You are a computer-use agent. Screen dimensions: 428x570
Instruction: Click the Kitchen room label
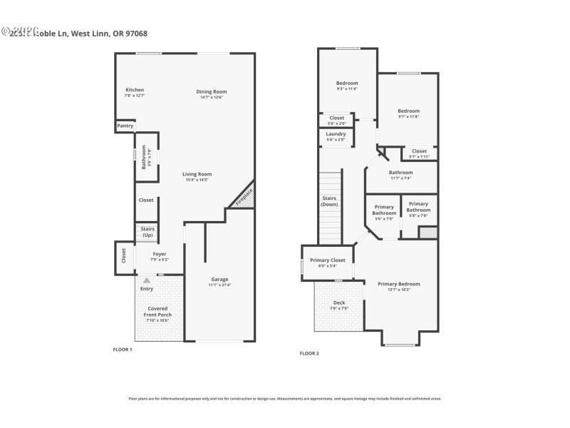(x=135, y=90)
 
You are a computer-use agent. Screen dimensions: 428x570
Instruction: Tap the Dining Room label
(x=211, y=91)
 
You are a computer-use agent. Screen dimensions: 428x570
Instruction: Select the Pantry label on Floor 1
(x=125, y=126)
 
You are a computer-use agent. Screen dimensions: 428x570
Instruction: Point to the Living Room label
(x=197, y=174)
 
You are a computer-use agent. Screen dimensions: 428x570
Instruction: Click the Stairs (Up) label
(x=147, y=232)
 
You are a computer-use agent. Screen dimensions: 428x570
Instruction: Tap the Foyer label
(x=158, y=254)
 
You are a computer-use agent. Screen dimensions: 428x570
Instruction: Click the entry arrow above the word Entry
(x=147, y=281)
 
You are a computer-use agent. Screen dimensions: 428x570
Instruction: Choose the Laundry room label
(x=336, y=134)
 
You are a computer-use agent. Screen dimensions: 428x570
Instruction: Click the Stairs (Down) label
(x=329, y=202)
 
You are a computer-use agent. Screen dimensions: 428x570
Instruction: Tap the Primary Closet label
(x=327, y=260)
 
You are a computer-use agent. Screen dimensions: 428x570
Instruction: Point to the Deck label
(x=339, y=302)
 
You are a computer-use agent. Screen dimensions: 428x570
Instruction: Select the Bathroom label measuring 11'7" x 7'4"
(x=400, y=173)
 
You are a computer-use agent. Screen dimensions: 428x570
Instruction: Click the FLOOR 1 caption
(x=123, y=349)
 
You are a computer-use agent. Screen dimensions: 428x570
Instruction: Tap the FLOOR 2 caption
(x=309, y=353)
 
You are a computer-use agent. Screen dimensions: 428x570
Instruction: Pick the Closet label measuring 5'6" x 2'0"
(x=336, y=118)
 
